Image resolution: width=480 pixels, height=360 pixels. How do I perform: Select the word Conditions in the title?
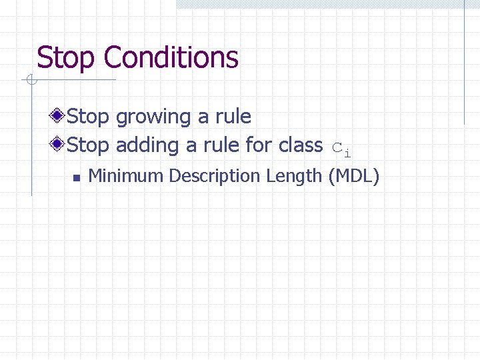pos(171,58)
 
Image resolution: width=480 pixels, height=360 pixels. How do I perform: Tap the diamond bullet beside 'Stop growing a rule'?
pos(59,116)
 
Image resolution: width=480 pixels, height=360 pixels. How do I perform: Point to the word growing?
pos(154,117)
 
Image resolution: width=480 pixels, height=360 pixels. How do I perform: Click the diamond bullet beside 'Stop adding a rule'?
pos(59,144)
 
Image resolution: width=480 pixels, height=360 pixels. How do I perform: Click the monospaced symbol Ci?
pos(341,149)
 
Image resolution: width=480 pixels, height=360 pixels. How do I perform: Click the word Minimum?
pos(126,176)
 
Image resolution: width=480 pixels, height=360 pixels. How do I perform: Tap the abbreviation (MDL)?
pos(353,176)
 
